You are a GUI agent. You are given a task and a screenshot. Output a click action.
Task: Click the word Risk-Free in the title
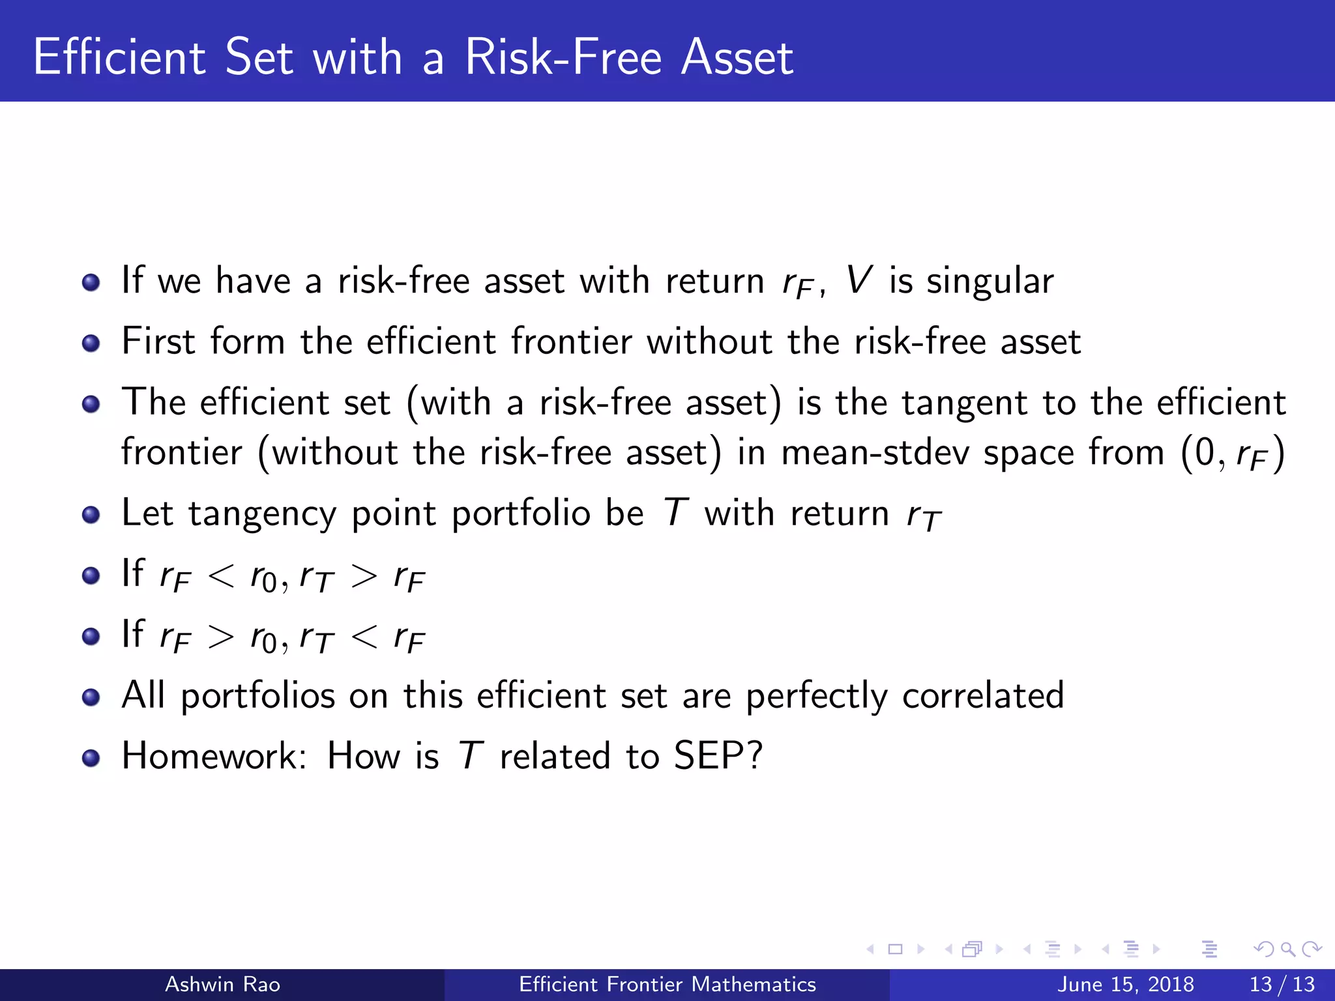click(x=564, y=57)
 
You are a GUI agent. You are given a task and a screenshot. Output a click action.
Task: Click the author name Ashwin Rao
click(x=222, y=984)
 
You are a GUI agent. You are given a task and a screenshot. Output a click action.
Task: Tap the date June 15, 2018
click(x=1126, y=984)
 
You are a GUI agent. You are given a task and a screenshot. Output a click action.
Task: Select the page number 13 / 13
click(x=1282, y=984)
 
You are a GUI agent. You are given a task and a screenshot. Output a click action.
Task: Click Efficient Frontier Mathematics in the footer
click(x=667, y=984)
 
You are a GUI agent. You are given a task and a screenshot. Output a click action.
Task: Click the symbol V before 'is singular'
click(x=858, y=280)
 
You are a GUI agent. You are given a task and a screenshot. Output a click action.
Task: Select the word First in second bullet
click(x=158, y=341)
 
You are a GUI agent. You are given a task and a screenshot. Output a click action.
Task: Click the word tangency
click(x=262, y=514)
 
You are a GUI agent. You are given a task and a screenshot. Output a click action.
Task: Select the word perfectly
click(x=816, y=696)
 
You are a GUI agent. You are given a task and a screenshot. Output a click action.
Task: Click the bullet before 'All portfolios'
click(x=91, y=697)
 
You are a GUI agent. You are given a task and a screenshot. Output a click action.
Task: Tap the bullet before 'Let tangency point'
click(x=91, y=515)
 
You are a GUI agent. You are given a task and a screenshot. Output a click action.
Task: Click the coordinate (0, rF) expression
click(x=1233, y=453)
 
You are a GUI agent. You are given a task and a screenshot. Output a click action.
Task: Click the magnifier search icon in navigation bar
click(x=1287, y=950)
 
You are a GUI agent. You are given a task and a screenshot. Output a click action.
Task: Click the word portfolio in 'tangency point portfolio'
click(x=521, y=514)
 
